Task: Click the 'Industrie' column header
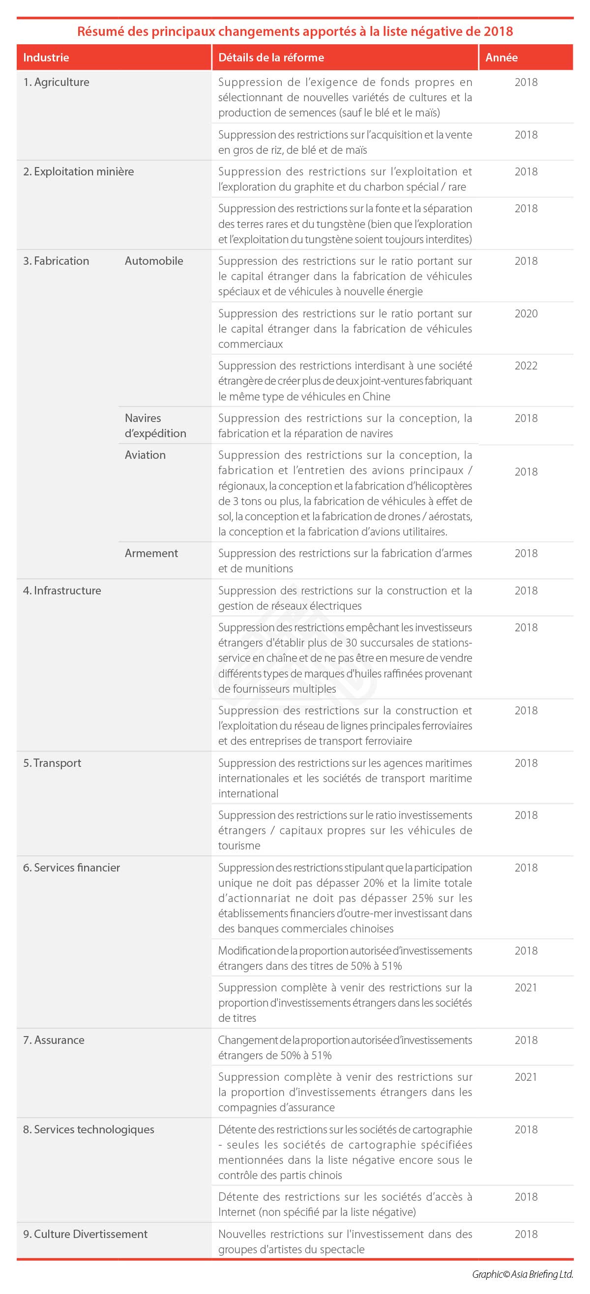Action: point(46,57)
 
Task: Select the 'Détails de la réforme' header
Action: point(271,57)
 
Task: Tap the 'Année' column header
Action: point(501,57)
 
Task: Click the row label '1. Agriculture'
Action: point(56,82)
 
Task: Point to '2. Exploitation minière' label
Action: point(78,171)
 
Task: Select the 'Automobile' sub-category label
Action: point(154,261)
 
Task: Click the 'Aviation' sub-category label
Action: point(145,454)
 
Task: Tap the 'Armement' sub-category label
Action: point(151,553)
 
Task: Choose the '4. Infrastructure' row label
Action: point(62,590)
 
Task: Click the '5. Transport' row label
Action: point(52,762)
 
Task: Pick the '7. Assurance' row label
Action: point(54,1040)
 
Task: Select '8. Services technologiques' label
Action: point(88,1129)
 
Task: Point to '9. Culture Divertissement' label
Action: point(86,1234)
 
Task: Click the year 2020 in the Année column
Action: point(526,313)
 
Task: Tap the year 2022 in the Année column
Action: point(526,366)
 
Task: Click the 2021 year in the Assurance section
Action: point(526,1077)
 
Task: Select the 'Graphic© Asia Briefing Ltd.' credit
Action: point(522,1274)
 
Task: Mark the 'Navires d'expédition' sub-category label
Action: point(155,425)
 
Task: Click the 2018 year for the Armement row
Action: point(526,553)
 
